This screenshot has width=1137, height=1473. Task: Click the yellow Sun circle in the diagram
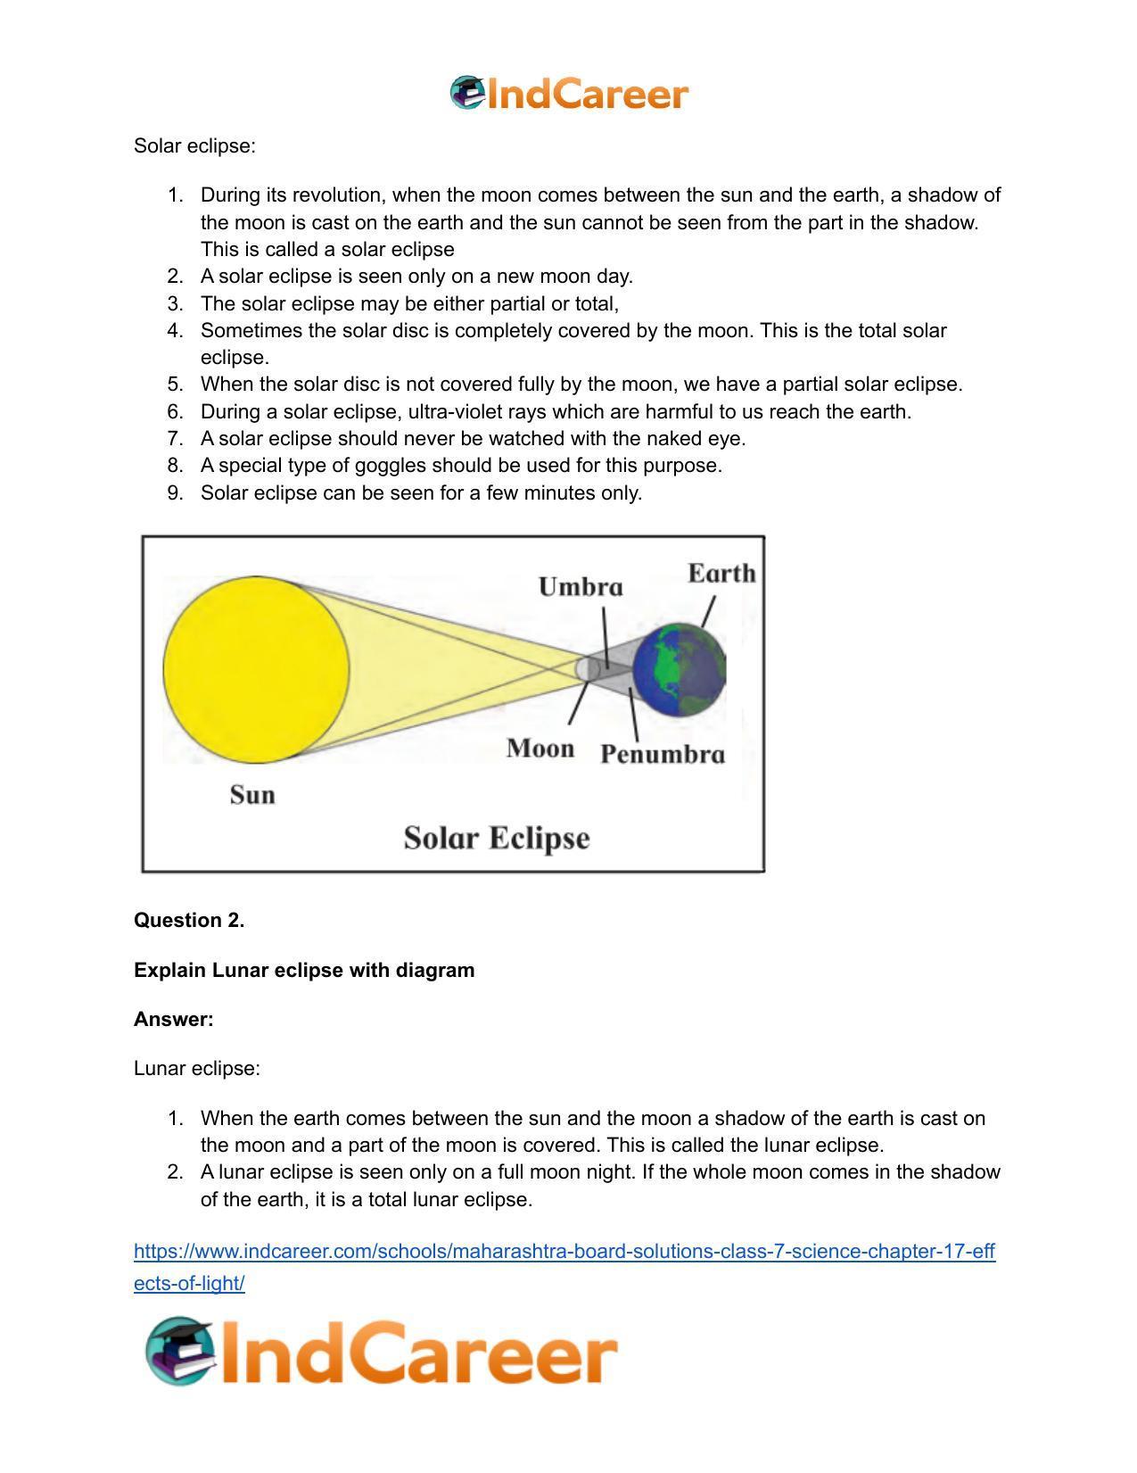256,669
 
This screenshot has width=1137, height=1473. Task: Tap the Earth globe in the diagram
680,670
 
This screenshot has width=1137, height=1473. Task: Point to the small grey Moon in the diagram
587,668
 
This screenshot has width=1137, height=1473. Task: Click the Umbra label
581,587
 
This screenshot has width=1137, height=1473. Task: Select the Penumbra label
662,755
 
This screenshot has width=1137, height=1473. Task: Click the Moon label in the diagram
540,749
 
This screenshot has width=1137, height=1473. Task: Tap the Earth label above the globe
721,574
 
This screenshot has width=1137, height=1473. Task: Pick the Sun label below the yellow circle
252,795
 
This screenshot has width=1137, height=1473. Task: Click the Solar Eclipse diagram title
497,839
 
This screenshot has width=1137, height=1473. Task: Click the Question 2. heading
189,921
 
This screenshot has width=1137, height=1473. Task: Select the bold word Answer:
174,1019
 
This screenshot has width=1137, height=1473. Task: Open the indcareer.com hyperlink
564,1252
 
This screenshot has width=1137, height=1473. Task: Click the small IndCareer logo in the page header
569,94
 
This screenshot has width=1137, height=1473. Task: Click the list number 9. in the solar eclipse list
175,492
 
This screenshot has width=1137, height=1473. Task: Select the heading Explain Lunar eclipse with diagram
304,970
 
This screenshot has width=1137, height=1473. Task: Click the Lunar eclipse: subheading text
197,1068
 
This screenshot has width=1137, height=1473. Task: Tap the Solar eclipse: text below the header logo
194,145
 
